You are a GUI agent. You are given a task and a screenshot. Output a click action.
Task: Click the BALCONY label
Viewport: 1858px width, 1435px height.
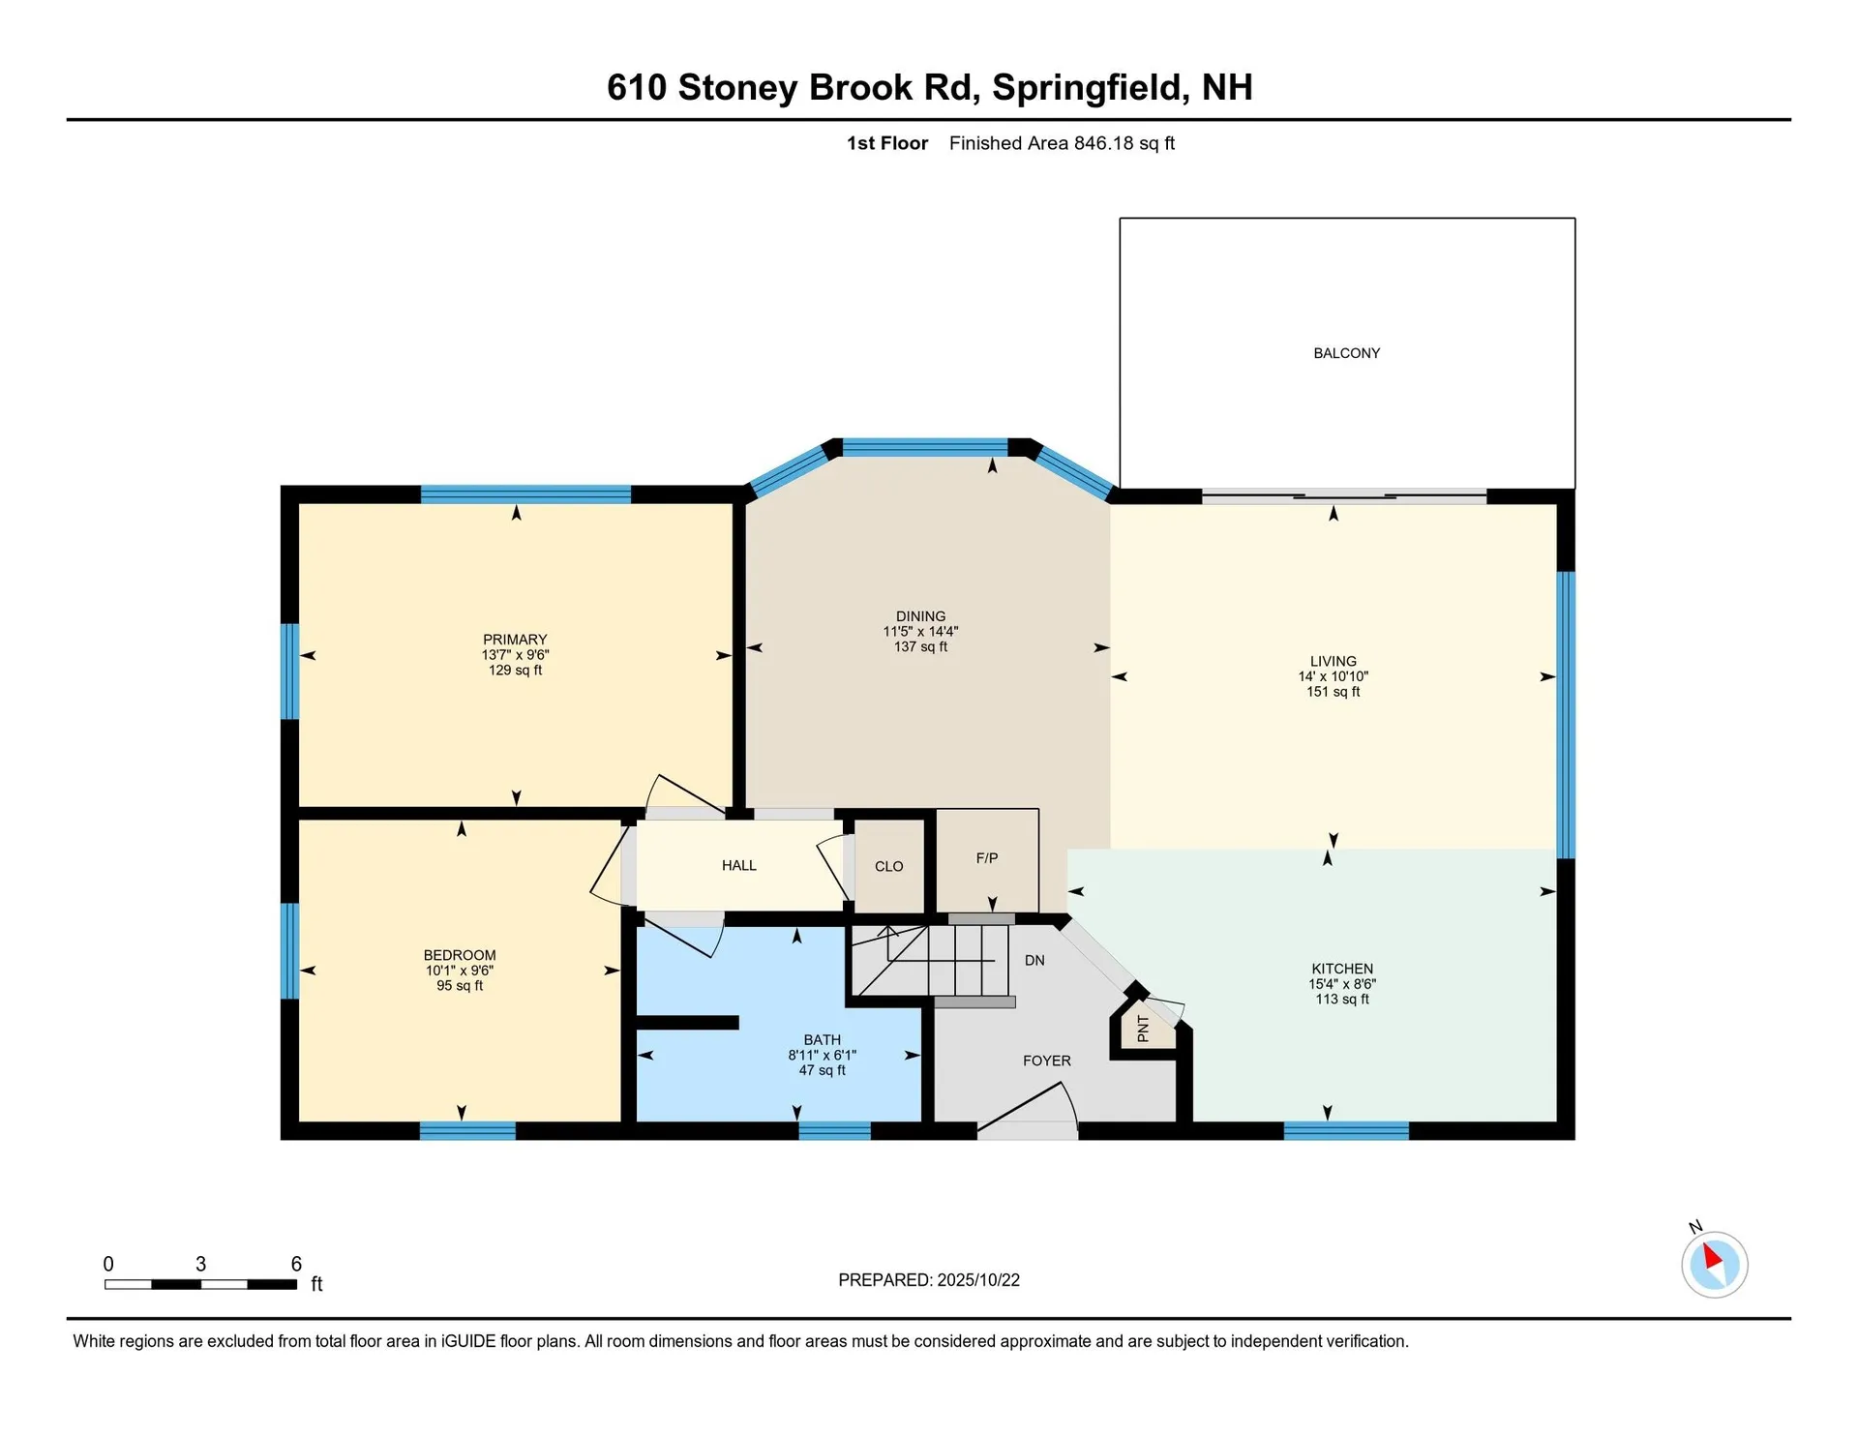coord(1346,353)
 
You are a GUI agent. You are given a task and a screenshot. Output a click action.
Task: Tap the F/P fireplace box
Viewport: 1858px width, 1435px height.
coord(986,858)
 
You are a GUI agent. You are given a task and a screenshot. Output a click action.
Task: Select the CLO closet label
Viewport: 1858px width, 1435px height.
coord(888,867)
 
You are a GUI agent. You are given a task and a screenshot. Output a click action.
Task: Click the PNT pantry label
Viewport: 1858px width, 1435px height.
coord(1143,1029)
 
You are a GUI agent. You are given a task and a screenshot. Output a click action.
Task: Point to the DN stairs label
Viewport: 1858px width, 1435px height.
coord(1034,961)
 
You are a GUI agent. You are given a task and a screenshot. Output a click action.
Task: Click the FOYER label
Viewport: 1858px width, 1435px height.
coord(1046,1061)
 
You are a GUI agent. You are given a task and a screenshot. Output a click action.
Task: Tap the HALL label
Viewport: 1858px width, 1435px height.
coord(738,866)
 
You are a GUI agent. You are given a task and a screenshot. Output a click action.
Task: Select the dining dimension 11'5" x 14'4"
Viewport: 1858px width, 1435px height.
coord(920,632)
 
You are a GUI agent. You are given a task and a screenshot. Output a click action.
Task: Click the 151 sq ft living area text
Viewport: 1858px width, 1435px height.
coord(1333,692)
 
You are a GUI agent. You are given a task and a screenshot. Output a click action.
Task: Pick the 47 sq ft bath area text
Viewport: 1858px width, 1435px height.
coord(822,1070)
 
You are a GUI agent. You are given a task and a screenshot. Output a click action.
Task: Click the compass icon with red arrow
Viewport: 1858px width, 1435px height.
coord(1714,1264)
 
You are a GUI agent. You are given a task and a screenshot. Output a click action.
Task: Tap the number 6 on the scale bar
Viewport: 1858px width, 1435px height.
coord(296,1264)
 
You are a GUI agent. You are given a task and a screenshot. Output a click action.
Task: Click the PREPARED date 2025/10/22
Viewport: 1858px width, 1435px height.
coord(977,1280)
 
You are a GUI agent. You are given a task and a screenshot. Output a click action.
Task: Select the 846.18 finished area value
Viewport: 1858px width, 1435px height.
coord(1103,143)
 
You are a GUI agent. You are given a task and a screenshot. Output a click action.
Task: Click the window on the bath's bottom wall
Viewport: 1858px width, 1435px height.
coord(834,1130)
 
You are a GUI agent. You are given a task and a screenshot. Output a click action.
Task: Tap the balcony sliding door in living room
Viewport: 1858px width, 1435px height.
coord(1344,496)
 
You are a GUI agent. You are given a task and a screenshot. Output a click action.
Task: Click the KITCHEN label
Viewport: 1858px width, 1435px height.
coord(1342,969)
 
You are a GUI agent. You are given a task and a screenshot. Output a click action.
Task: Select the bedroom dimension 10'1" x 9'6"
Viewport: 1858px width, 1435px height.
coord(460,971)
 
